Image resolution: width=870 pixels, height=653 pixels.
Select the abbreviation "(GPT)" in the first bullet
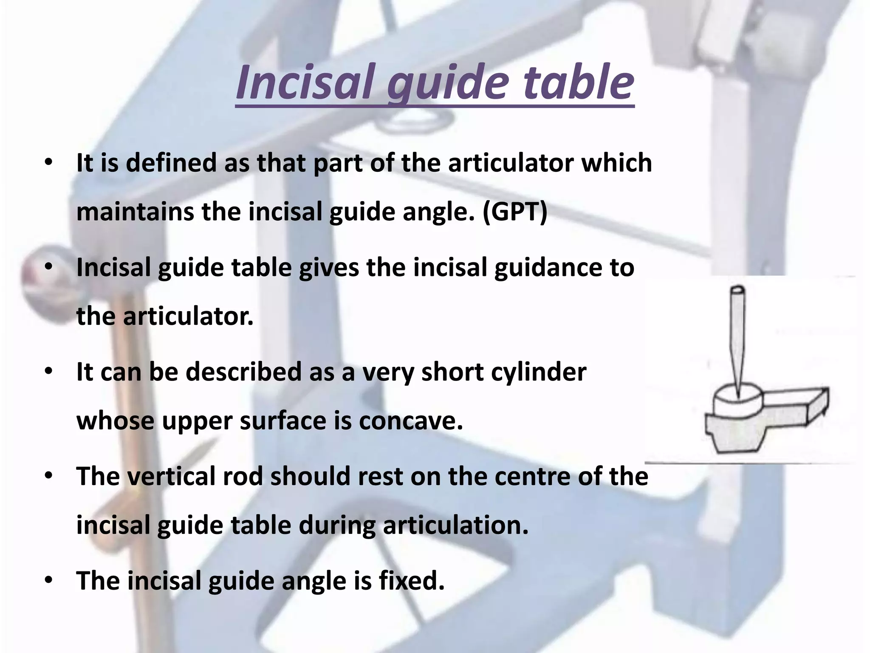click(x=514, y=212)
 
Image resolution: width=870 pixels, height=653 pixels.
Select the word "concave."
click(x=410, y=421)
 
